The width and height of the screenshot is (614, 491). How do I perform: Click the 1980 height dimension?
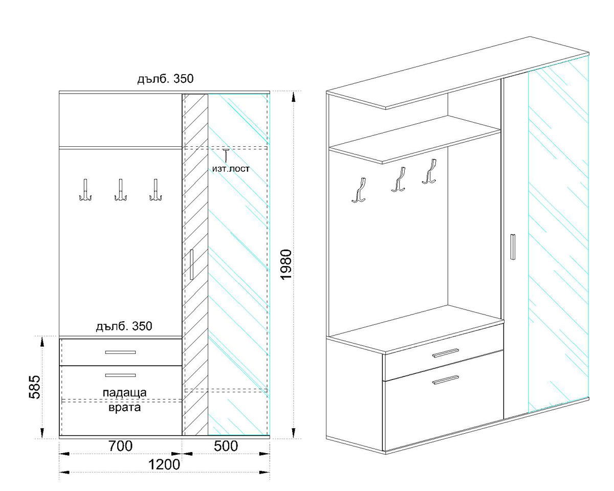[287, 264]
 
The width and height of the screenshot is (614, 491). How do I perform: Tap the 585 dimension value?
[35, 387]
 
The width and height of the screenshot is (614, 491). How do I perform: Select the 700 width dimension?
[120, 446]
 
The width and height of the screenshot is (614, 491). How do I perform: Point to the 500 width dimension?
[226, 446]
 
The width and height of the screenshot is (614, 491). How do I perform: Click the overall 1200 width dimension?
[164, 464]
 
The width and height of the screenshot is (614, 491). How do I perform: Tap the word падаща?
[125, 393]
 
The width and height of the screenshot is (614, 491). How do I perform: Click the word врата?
[125, 408]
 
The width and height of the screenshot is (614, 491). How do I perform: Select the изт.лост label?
[231, 169]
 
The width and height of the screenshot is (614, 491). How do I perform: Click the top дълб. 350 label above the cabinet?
[165, 79]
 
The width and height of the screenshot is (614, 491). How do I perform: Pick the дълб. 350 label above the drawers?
[124, 326]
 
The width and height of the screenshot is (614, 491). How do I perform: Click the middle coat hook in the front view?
[120, 190]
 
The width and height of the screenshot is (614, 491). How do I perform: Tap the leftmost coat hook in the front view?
[85, 190]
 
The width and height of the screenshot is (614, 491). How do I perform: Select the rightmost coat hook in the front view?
[156, 190]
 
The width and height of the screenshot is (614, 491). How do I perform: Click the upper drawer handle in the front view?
[120, 352]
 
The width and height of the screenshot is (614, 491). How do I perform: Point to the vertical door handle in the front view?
[191, 264]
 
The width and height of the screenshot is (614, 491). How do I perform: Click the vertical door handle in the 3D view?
[513, 247]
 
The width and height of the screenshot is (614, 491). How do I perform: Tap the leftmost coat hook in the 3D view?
[359, 190]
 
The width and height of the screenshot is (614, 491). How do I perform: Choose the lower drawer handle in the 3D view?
[446, 380]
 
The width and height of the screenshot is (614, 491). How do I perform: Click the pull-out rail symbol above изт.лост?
[226, 155]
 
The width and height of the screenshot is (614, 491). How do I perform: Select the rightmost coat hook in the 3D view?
[429, 171]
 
